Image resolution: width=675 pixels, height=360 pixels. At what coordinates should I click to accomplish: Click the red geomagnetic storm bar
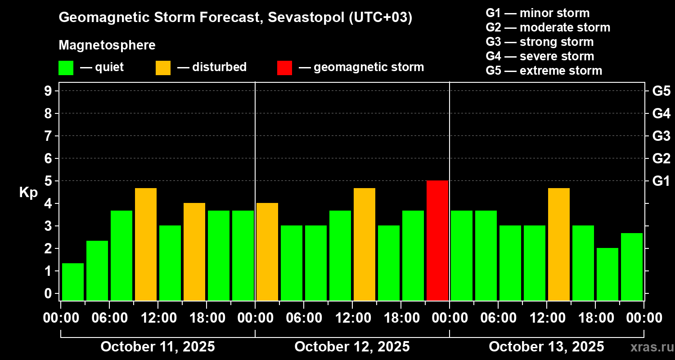437,240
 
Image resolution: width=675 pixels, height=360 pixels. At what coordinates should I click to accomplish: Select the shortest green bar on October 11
73,282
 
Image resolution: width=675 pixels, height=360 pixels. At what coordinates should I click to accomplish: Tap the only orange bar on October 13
559,244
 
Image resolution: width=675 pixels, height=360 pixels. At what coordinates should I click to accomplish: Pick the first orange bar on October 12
267,252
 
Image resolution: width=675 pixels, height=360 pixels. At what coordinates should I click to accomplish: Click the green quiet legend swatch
66,68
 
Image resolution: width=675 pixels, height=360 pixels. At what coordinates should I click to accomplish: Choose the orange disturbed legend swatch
163,68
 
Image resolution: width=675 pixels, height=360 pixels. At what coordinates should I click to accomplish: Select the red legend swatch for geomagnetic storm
284,68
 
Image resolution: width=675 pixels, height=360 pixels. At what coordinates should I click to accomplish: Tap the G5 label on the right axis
661,91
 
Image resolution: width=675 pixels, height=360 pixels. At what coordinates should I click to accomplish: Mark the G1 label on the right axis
661,181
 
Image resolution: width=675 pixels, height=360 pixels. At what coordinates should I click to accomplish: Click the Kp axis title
28,192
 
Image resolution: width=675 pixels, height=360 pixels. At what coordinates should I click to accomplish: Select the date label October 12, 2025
352,347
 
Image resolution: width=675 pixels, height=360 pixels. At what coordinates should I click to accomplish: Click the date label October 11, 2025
157,347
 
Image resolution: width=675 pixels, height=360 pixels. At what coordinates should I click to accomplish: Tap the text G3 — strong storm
540,42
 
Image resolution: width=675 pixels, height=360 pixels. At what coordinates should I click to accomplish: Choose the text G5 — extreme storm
544,71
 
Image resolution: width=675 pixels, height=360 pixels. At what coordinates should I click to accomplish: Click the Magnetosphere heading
107,45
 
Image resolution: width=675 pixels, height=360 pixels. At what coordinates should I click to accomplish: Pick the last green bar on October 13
632,266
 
